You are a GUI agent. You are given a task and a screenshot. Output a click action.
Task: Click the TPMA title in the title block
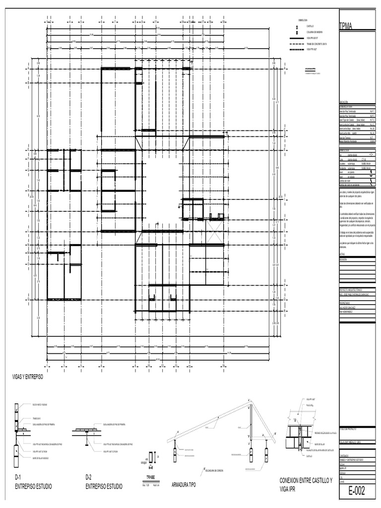click(346, 27)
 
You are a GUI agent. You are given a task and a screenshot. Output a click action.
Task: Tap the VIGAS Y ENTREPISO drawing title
click(28, 378)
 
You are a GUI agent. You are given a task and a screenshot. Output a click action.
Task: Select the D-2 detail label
click(89, 477)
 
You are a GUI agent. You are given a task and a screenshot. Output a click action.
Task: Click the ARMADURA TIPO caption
click(184, 484)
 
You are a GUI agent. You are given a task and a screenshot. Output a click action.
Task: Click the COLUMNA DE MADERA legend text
click(315, 31)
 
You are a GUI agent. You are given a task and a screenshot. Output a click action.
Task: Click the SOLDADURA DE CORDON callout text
click(214, 470)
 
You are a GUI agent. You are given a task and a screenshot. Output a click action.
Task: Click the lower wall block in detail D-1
click(17, 451)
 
